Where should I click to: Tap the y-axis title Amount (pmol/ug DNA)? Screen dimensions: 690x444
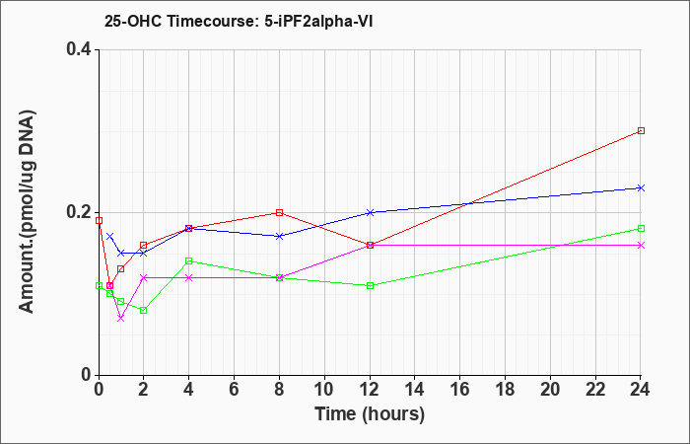pos(28,211)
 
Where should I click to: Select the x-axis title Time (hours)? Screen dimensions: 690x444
pos(370,414)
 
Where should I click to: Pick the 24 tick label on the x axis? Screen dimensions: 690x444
pos(641,390)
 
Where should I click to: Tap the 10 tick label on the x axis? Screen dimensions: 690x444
pos(324,390)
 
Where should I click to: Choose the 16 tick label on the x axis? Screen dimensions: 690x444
pos(460,390)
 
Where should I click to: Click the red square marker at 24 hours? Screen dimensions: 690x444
pos(641,131)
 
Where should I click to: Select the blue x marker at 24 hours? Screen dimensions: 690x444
pos(641,188)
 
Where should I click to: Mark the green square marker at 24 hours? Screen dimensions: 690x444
pos(641,229)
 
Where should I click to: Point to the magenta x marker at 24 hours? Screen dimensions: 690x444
pos(641,245)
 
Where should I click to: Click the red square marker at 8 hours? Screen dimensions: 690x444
pos(279,213)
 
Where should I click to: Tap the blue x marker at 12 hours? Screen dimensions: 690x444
pos(370,212)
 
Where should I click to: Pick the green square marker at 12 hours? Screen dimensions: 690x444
pos(370,285)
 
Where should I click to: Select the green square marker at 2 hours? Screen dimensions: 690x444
pos(144,311)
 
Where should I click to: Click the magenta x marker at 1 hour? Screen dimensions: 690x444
pos(121,318)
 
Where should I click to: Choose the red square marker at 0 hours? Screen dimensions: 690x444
pos(99,221)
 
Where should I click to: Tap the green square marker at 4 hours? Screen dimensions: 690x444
pos(189,260)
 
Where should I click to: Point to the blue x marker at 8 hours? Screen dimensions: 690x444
pos(279,236)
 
